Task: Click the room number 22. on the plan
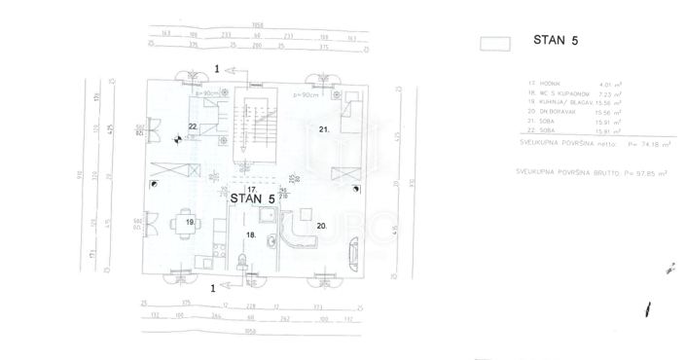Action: [194, 127]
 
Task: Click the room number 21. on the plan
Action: [326, 128]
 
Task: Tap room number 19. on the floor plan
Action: [190, 222]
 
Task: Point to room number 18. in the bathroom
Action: [250, 234]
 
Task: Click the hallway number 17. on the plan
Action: [251, 189]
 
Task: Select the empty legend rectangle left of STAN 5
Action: [496, 42]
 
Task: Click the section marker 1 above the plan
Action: [218, 69]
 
